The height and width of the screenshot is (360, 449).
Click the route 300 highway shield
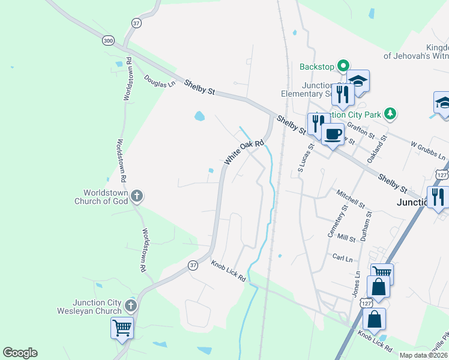click(x=107, y=40)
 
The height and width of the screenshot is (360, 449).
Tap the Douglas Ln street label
click(x=159, y=81)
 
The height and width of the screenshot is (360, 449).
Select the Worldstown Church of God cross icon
click(x=137, y=196)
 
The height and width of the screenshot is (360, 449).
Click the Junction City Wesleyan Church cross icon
click(x=131, y=306)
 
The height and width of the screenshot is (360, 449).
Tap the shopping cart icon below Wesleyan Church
click(x=122, y=328)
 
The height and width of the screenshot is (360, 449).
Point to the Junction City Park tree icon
click(x=391, y=113)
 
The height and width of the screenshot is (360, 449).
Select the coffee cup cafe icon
click(x=332, y=134)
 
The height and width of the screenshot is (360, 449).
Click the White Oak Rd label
click(x=244, y=153)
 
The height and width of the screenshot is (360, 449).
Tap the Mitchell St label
click(x=351, y=200)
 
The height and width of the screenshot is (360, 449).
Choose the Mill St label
click(x=347, y=238)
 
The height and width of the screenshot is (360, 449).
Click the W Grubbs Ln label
click(x=429, y=151)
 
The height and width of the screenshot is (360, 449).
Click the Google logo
click(x=20, y=353)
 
